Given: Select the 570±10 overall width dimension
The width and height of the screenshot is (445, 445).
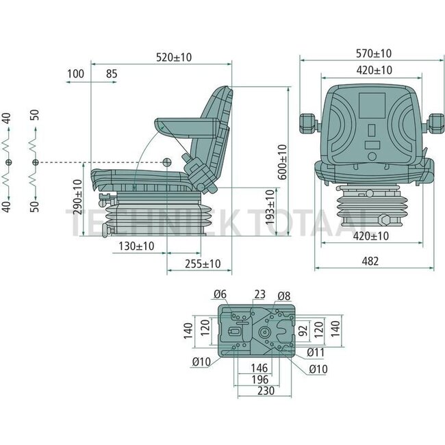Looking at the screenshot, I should point(373,53).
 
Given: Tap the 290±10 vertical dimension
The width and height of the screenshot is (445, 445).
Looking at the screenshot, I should point(79,198).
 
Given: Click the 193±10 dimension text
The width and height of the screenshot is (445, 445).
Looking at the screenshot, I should point(271,208).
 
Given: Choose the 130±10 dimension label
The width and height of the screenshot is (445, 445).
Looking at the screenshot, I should point(136,246).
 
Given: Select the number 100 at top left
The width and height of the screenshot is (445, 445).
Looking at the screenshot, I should point(76,73).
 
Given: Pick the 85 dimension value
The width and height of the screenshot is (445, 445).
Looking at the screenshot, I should point(112,73).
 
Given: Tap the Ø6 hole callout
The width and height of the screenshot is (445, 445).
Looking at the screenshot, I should point(219,295).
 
